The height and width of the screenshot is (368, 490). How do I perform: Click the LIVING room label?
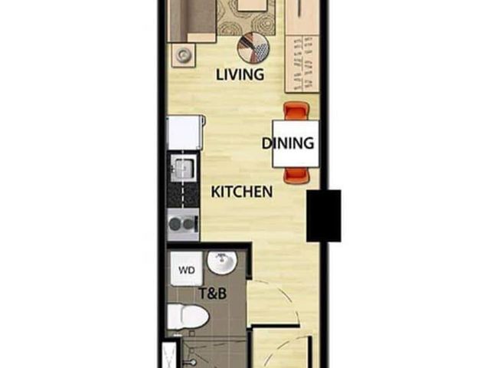click(x=240, y=74)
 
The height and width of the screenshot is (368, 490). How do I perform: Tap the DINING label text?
click(x=288, y=143)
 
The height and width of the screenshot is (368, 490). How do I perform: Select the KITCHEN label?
click(x=242, y=192)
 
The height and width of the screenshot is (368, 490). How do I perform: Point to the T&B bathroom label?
click(x=213, y=294)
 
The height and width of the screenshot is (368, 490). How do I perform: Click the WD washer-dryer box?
click(x=187, y=269)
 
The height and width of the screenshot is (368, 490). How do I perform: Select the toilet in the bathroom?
click(x=188, y=316)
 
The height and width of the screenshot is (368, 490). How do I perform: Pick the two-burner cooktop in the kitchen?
click(x=183, y=225)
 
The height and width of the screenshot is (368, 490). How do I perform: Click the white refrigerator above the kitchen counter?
click(x=186, y=133)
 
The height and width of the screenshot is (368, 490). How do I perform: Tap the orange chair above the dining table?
click(x=296, y=112)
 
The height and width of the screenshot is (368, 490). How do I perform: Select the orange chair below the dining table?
click(x=296, y=175)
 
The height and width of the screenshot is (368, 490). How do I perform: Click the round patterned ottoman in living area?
click(x=253, y=48)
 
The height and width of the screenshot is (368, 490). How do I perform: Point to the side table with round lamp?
click(x=184, y=55)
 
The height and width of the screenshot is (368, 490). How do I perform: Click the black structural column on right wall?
click(x=323, y=215)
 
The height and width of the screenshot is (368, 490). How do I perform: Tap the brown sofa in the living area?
click(x=192, y=21)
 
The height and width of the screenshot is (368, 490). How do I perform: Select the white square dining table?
click(x=296, y=144)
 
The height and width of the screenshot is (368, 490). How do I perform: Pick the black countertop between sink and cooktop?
click(x=183, y=195)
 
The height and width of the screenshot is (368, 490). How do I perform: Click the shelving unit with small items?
click(x=302, y=64)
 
